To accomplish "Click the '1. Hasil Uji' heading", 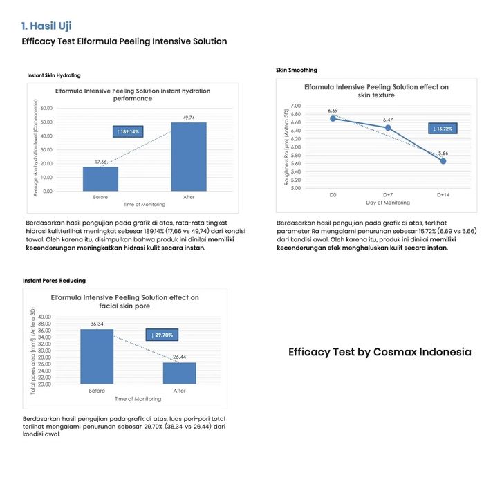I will pyautogui.click(x=46, y=26).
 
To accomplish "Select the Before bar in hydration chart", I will pyautogui.click(x=100, y=178).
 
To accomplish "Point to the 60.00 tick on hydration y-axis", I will pyautogui.click(x=46, y=109).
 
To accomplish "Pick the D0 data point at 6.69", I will pyautogui.click(x=333, y=118).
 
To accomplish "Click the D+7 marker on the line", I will pyautogui.click(x=388, y=127).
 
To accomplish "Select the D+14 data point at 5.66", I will pyautogui.click(x=443, y=161).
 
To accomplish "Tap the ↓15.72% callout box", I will pyautogui.click(x=443, y=129).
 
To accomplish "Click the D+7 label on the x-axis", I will pyautogui.click(x=388, y=195).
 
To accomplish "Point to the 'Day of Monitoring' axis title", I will pyautogui.click(x=388, y=203).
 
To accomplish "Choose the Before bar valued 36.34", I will pyautogui.click(x=97, y=357).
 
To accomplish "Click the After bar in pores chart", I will pyautogui.click(x=180, y=373).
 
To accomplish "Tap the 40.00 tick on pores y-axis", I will pyautogui.click(x=44, y=317).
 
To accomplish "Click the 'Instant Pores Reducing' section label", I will pyautogui.click(x=54, y=281).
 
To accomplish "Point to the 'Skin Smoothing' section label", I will pyautogui.click(x=297, y=70).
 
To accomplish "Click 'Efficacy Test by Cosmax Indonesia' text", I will pyautogui.click(x=380, y=352).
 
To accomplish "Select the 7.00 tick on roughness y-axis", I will pyautogui.click(x=295, y=106).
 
